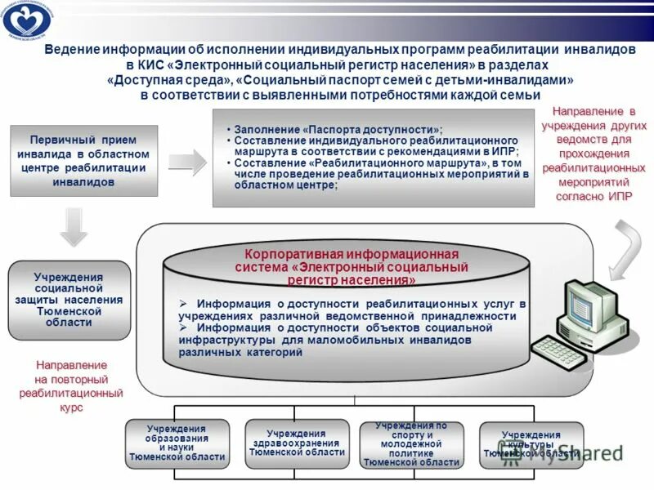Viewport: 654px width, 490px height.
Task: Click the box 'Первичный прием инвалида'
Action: pos(83,161)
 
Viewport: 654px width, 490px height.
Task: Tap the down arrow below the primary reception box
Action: pos(74,226)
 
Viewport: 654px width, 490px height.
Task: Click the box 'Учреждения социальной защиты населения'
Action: pos(70,300)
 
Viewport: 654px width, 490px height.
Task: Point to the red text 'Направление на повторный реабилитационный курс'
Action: pos(71,386)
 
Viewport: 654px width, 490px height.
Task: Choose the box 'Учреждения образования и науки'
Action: pos(177,443)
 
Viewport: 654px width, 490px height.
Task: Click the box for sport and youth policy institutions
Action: pos(411,443)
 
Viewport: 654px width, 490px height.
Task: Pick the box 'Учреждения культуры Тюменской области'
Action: pos(531,443)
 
